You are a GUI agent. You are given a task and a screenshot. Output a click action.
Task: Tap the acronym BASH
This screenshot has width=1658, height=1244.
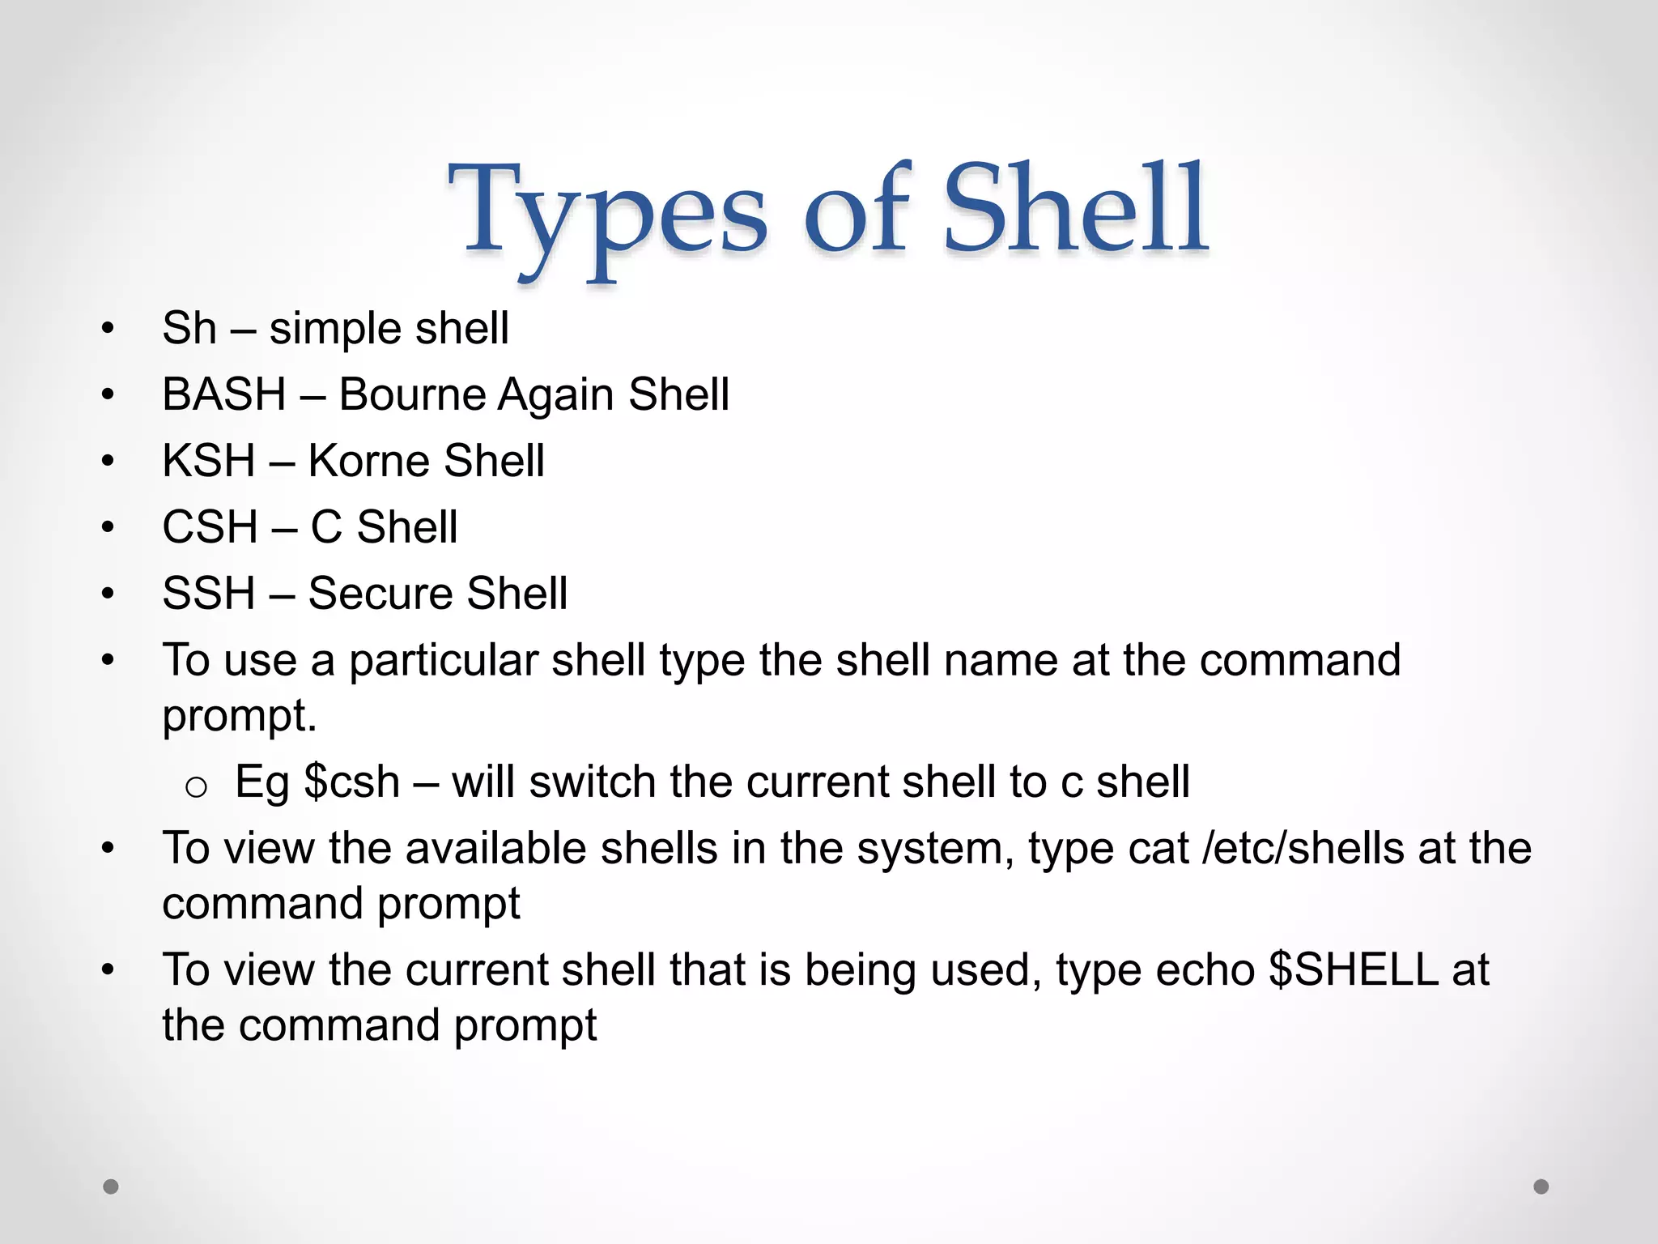point(224,395)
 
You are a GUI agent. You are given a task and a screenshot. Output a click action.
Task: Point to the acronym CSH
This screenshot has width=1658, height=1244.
point(210,528)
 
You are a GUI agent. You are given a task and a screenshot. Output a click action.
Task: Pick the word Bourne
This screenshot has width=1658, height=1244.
point(411,395)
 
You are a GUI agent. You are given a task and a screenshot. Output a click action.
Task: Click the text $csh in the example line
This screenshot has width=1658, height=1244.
point(352,782)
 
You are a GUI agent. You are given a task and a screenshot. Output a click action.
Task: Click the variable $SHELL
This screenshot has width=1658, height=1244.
point(1353,970)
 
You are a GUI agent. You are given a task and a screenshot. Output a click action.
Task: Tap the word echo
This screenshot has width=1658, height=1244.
point(1205,970)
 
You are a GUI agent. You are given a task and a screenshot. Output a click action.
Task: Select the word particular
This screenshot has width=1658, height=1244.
point(444,661)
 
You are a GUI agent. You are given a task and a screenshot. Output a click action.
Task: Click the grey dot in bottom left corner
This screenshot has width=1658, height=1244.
point(111,1186)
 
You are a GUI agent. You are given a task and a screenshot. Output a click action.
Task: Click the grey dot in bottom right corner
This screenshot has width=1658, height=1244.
point(1541,1186)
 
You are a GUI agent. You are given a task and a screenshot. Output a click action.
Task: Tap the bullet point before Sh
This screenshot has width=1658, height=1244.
point(108,330)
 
